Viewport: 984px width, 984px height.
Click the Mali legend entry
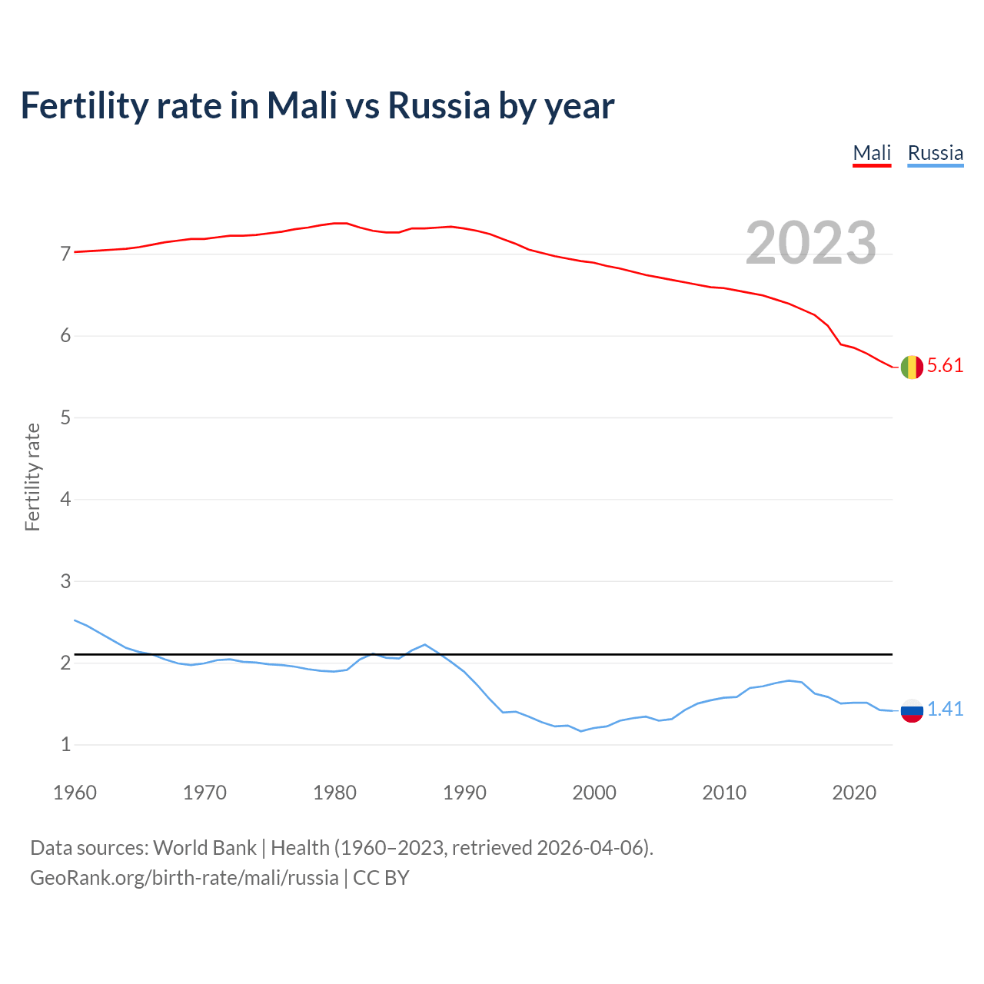pyautogui.click(x=872, y=153)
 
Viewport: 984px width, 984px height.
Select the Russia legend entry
pyautogui.click(x=935, y=153)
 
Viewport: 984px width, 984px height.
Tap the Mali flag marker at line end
pyautogui.click(x=912, y=367)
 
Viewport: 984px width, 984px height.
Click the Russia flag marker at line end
pyautogui.click(x=912, y=710)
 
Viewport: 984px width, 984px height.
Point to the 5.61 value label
pyautogui.click(x=945, y=366)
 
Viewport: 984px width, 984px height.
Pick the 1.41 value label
pyautogui.click(x=945, y=710)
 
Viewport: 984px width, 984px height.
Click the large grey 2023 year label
pyautogui.click(x=811, y=243)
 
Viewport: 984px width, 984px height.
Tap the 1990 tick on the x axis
pyautogui.click(x=464, y=793)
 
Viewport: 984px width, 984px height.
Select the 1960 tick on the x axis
pyautogui.click(x=75, y=793)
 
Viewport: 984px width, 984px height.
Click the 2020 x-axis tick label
pyautogui.click(x=854, y=793)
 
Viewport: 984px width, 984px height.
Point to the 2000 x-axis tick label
pyautogui.click(x=594, y=793)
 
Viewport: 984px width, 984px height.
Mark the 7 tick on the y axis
pyautogui.click(x=65, y=254)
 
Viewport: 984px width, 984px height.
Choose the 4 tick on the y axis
pyautogui.click(x=65, y=500)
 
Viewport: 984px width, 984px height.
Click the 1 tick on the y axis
pyautogui.click(x=65, y=745)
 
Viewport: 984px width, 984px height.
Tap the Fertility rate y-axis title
pyautogui.click(x=32, y=477)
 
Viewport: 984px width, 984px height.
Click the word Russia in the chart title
pyautogui.click(x=438, y=105)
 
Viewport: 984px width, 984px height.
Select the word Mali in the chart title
pyautogui.click(x=302, y=105)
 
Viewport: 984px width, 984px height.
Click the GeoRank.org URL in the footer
pyautogui.click(x=184, y=878)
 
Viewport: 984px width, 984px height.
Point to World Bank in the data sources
pyautogui.click(x=204, y=848)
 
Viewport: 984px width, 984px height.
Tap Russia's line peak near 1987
pyautogui.click(x=424, y=645)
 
